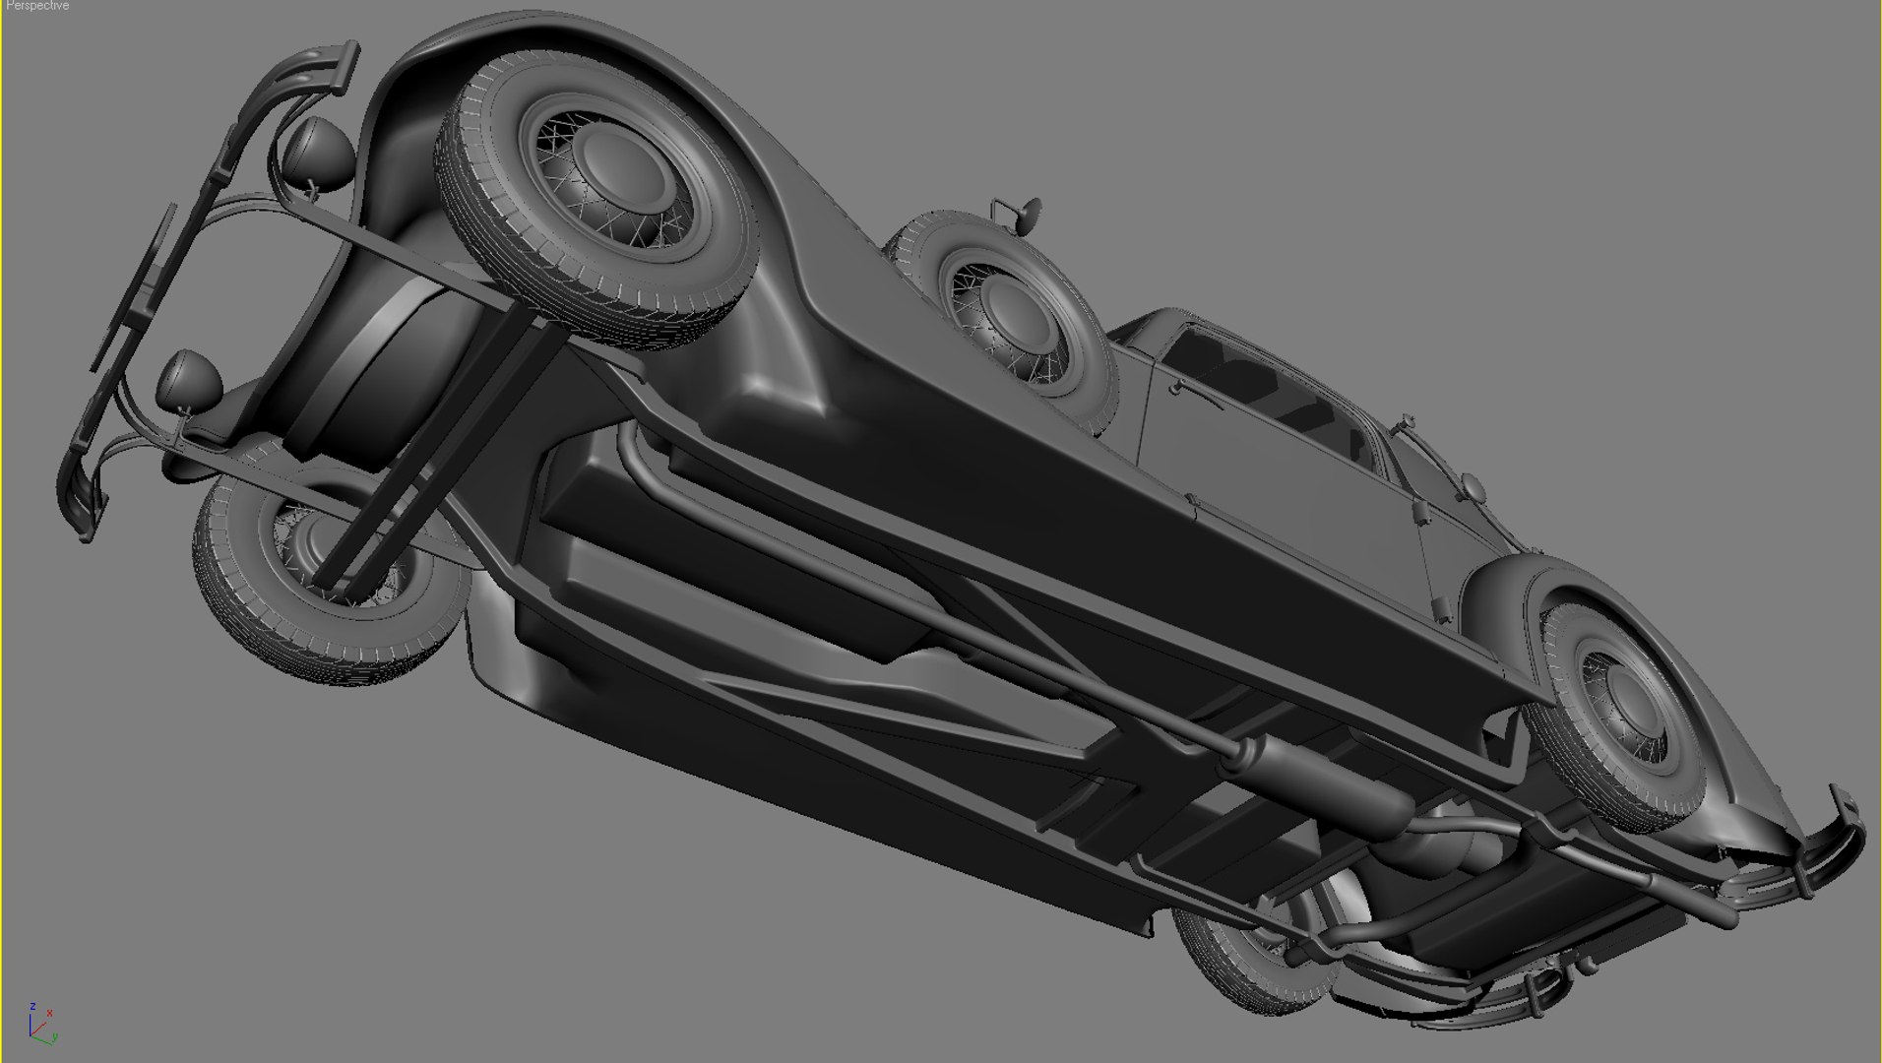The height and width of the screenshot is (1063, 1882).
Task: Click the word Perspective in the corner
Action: (x=37, y=6)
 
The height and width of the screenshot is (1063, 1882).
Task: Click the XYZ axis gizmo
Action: (x=39, y=1025)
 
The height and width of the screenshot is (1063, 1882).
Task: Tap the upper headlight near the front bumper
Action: (x=317, y=154)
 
